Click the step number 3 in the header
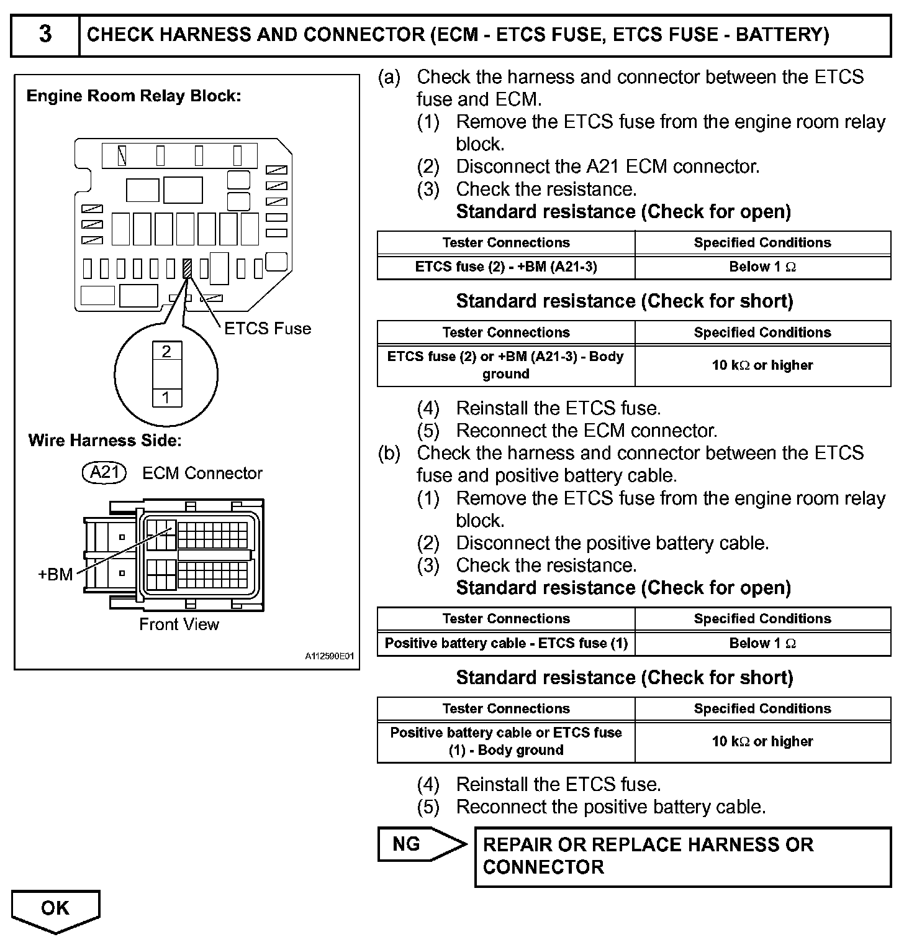[45, 34]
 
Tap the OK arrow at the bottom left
[55, 910]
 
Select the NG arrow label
[416, 844]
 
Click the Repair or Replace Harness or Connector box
[682, 856]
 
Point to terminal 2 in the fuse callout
[166, 352]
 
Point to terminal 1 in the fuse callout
[166, 397]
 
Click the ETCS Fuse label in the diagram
[268, 328]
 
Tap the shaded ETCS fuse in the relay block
[187, 268]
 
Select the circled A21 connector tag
[104, 473]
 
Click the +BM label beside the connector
[56, 574]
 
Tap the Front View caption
[179, 624]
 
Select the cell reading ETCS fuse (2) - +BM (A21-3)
[506, 267]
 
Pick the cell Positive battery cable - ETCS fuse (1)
[506, 643]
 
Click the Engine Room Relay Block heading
[133, 96]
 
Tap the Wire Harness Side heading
[105, 441]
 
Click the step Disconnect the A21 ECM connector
[607, 167]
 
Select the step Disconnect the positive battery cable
[612, 543]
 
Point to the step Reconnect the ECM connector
[586, 431]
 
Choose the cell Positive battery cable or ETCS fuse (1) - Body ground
[506, 741]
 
